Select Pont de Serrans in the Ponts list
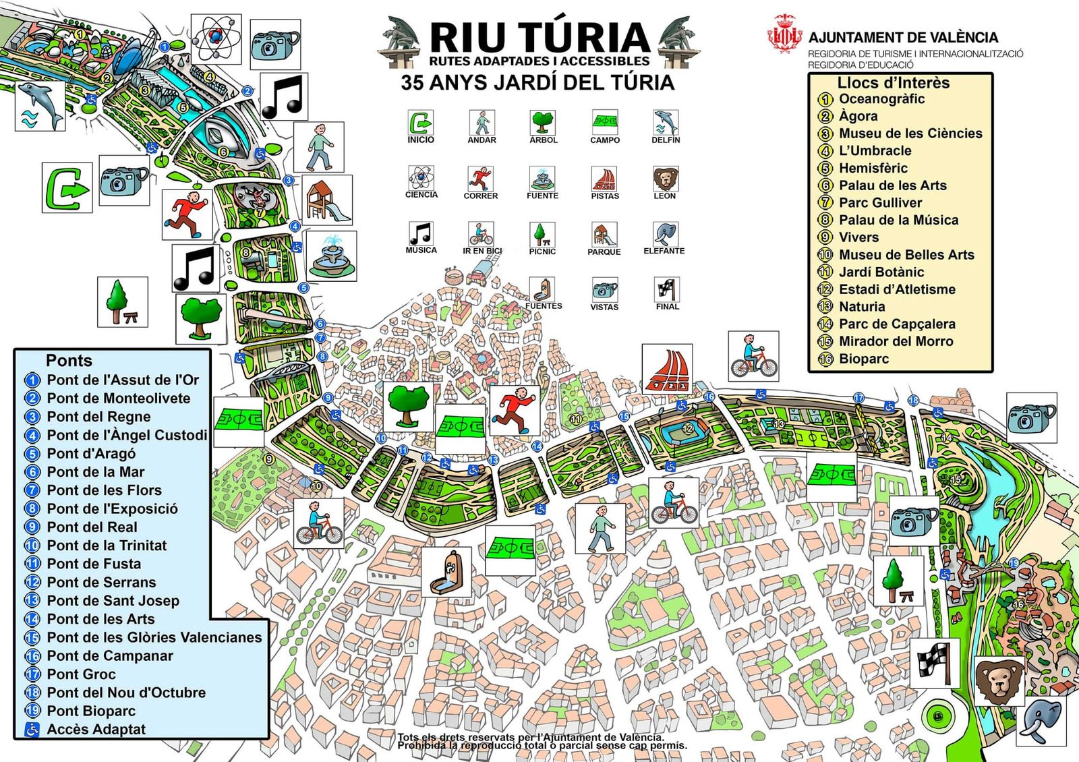(101, 582)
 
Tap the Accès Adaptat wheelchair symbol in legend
(32, 729)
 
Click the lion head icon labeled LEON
(665, 179)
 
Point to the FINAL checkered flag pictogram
(667, 290)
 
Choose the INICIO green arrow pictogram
(421, 123)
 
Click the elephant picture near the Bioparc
(1041, 721)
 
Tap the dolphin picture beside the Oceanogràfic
(40, 105)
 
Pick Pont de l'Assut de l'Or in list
(123, 380)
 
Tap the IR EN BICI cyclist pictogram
(482, 235)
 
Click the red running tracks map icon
(667, 370)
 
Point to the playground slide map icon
(327, 200)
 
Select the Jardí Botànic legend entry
(881, 272)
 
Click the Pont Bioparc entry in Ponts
(91, 711)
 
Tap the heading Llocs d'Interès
(893, 83)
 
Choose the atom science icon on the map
(216, 39)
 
